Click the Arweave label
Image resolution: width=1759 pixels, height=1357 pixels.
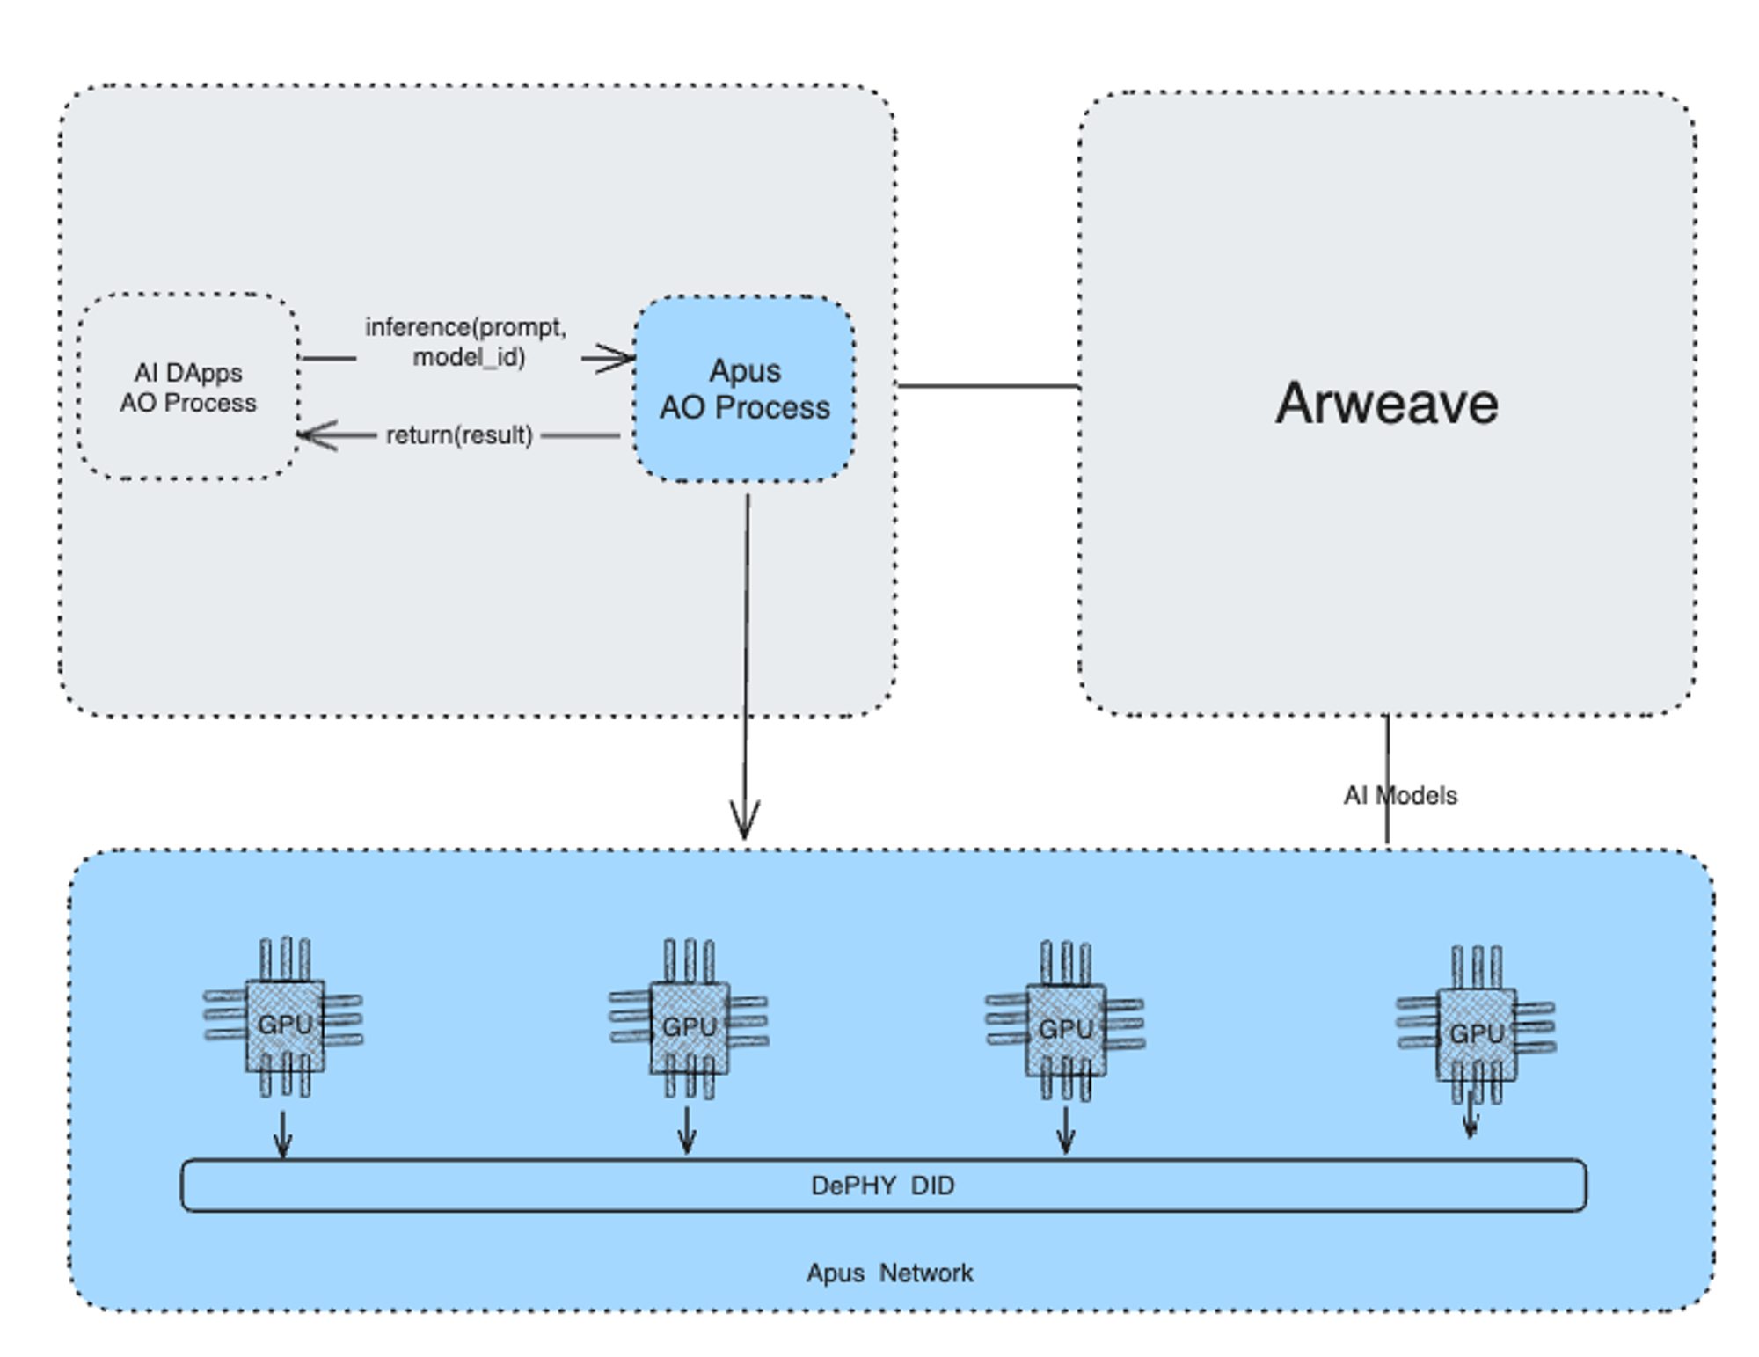[x=1386, y=404]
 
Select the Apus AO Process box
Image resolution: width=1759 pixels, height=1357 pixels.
[x=744, y=389]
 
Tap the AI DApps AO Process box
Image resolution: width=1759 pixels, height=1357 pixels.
[x=188, y=387]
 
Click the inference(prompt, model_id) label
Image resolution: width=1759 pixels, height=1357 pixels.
[x=467, y=341]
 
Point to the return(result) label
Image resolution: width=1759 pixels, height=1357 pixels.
[x=459, y=434]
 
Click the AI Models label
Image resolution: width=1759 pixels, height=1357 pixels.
[x=1399, y=795]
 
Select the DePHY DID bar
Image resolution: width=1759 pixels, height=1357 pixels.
[x=882, y=1185]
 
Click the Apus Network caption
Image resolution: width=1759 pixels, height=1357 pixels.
[x=889, y=1273]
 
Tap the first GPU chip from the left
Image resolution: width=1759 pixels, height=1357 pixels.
[x=284, y=1024]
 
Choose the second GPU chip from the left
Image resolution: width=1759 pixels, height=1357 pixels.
[x=689, y=1025]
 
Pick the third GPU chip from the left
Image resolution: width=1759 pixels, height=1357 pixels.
[x=1065, y=1028]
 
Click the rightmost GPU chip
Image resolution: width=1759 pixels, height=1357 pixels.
[x=1476, y=1032]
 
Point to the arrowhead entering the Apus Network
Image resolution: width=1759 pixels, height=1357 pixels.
[x=745, y=822]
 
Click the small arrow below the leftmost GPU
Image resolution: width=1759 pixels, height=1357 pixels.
[x=282, y=1136]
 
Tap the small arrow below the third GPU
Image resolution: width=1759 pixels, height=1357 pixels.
[x=1065, y=1132]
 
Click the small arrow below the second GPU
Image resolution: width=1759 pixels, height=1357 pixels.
[x=688, y=1132]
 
